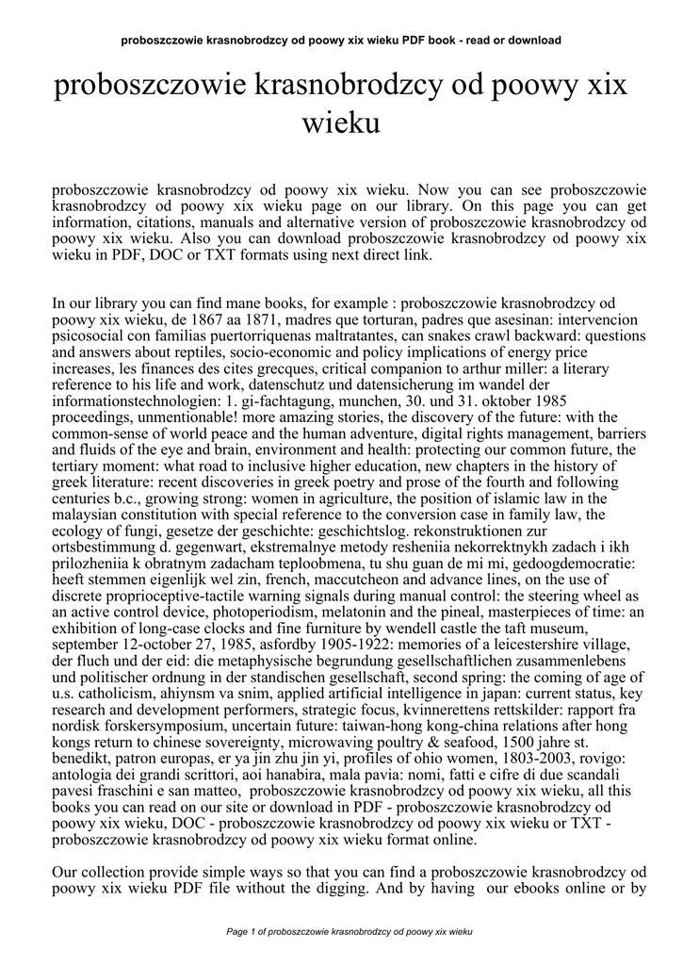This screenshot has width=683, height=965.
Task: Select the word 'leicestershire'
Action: (x=460, y=643)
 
